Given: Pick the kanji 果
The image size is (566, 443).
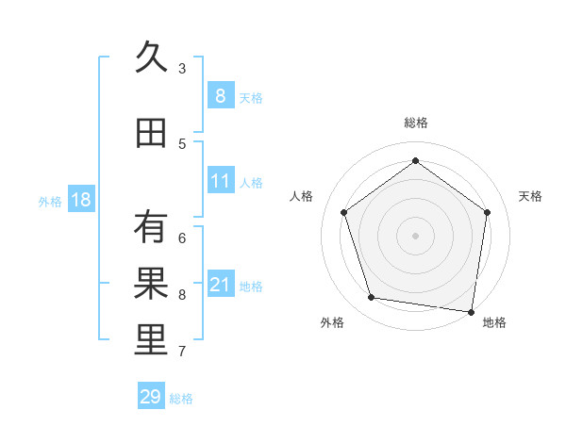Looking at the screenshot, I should (152, 284).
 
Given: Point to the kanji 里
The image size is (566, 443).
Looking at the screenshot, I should (152, 341).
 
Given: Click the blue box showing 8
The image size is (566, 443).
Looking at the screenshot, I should (220, 95).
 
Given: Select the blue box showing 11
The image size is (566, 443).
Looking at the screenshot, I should (221, 181).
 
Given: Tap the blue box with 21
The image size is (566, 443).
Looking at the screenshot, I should (221, 285).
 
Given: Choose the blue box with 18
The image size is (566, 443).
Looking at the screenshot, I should (81, 199).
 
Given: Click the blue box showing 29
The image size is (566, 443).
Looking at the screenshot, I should (151, 397).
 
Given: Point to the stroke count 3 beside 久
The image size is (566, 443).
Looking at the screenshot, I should (181, 68).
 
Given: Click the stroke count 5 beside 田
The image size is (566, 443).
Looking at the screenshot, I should (181, 143).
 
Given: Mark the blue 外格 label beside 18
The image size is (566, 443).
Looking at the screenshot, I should (50, 201).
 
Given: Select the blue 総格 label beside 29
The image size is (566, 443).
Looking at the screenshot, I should (182, 399).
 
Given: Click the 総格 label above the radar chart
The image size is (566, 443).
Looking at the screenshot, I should (416, 123).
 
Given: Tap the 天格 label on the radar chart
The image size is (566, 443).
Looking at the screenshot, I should (530, 196).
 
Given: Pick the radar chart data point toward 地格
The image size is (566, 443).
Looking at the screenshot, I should (471, 311).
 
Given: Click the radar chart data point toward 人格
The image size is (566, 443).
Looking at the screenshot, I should (343, 212).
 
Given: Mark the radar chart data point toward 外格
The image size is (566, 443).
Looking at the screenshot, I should (372, 298).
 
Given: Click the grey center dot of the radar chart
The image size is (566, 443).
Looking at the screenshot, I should (416, 235).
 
